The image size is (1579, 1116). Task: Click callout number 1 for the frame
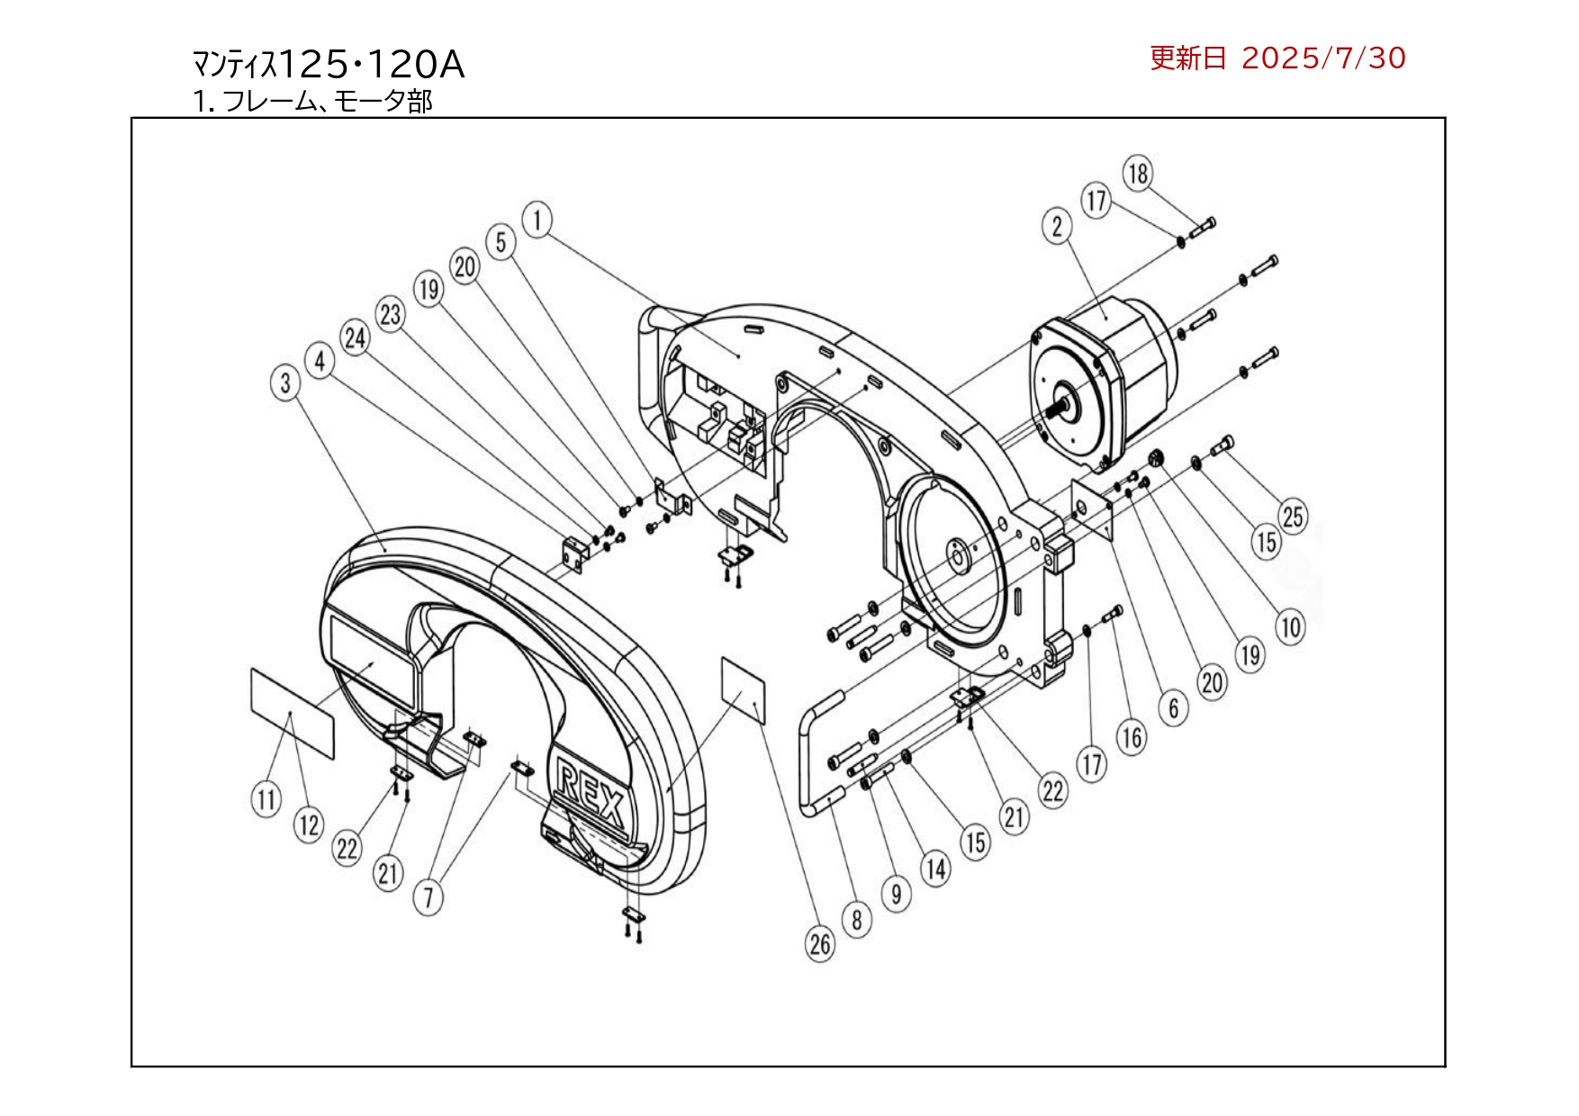coord(537,220)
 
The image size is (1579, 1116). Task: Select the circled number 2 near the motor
coord(1057,226)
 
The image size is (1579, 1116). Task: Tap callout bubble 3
coord(285,382)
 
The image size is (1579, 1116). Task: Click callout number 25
coord(1293,517)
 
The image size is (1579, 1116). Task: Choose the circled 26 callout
coord(820,944)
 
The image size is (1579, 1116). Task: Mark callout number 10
coord(1291,626)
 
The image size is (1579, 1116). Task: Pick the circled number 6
coord(1173,708)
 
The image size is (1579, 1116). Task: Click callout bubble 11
coord(266,799)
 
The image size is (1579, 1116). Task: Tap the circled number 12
coord(309,824)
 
